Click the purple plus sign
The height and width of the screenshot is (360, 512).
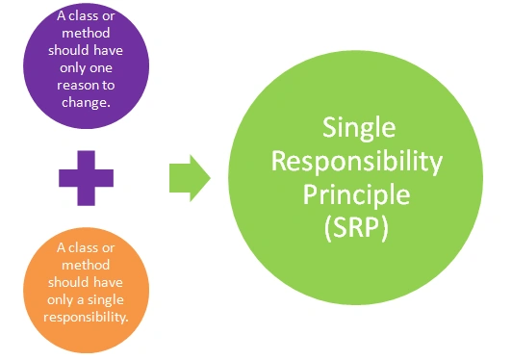(87, 178)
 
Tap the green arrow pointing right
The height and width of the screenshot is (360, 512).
(190, 178)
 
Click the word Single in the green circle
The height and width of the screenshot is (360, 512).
(359, 128)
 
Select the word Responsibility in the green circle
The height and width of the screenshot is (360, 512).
(357, 162)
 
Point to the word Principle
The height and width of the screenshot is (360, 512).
(356, 194)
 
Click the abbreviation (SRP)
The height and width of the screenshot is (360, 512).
(356, 228)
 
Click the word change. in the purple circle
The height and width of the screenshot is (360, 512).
(86, 103)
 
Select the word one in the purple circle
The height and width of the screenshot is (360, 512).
(99, 68)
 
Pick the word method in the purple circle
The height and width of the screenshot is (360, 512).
(86, 33)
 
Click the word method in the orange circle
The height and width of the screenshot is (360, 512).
(86, 265)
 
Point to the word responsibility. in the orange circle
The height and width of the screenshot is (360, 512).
(86, 318)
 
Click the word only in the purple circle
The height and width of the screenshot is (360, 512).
(71, 68)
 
